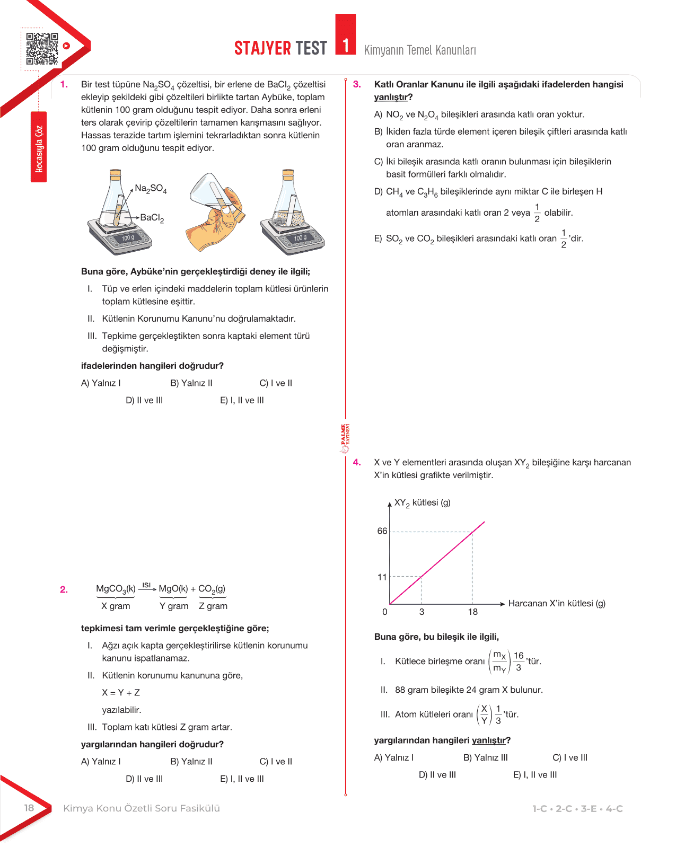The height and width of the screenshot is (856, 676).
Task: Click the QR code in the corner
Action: (42, 49)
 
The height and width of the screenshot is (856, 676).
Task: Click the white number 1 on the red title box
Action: (346, 45)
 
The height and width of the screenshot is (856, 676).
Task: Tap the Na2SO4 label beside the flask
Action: (151, 189)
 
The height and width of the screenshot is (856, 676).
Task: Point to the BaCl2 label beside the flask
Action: (152, 218)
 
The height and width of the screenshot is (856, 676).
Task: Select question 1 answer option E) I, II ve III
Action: (242, 400)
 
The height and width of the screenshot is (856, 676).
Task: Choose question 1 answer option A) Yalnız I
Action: (101, 383)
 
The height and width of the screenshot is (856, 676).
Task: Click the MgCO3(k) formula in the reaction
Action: (116, 589)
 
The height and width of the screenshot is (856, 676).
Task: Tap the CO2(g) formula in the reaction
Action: (212, 589)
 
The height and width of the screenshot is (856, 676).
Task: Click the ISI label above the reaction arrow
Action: (147, 585)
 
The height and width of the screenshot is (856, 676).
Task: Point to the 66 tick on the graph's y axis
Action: (382, 531)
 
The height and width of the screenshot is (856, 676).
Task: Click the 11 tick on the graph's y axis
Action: (382, 577)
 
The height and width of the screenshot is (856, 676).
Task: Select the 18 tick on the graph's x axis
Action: (472, 612)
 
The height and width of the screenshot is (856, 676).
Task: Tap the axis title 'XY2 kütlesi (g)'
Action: (422, 503)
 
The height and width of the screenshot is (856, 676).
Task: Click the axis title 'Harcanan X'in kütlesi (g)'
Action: (557, 603)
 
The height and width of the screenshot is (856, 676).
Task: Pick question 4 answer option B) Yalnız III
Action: (485, 757)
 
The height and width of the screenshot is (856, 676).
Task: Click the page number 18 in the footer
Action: (29, 808)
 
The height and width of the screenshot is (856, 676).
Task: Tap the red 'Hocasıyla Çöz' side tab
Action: (39, 148)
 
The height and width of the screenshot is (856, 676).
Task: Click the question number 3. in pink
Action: (357, 84)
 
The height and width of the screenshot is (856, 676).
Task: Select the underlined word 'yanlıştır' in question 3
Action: (391, 97)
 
